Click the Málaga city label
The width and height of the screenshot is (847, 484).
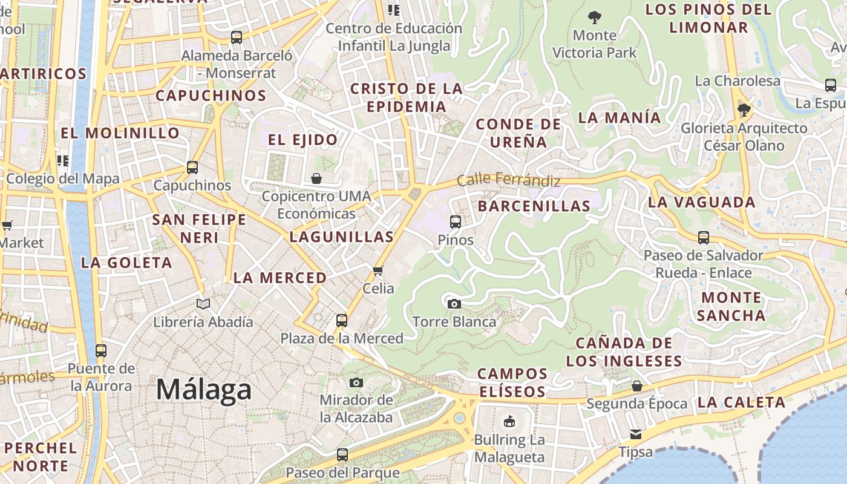pos(203,389)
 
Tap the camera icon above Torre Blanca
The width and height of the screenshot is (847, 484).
pos(454,304)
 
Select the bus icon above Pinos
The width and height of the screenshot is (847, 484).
pos(456,222)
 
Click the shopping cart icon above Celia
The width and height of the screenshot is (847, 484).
pos(378,270)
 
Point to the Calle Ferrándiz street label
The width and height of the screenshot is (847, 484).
pos(508,180)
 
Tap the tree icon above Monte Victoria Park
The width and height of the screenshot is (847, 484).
pos(595,17)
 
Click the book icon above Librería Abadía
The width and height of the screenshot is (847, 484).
pos(203,304)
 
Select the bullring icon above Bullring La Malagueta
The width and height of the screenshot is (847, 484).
pos(509,421)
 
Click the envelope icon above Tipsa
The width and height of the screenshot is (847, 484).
pos(635,434)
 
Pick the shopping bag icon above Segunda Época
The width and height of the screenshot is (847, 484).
pos(636,385)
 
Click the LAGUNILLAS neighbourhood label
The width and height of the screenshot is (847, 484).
pos(341,237)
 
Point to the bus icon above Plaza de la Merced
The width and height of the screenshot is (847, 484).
pos(342,320)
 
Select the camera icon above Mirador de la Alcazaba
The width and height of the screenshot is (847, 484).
pos(356,382)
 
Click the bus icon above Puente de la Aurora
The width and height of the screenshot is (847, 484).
pos(101,350)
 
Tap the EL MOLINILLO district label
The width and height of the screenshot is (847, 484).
pos(120,133)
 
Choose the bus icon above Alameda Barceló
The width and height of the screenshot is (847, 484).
pos(237,38)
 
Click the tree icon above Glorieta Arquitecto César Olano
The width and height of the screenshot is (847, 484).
pos(744,110)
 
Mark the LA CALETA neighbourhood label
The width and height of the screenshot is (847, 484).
pos(741,402)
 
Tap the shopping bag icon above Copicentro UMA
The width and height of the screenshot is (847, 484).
pos(316,178)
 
